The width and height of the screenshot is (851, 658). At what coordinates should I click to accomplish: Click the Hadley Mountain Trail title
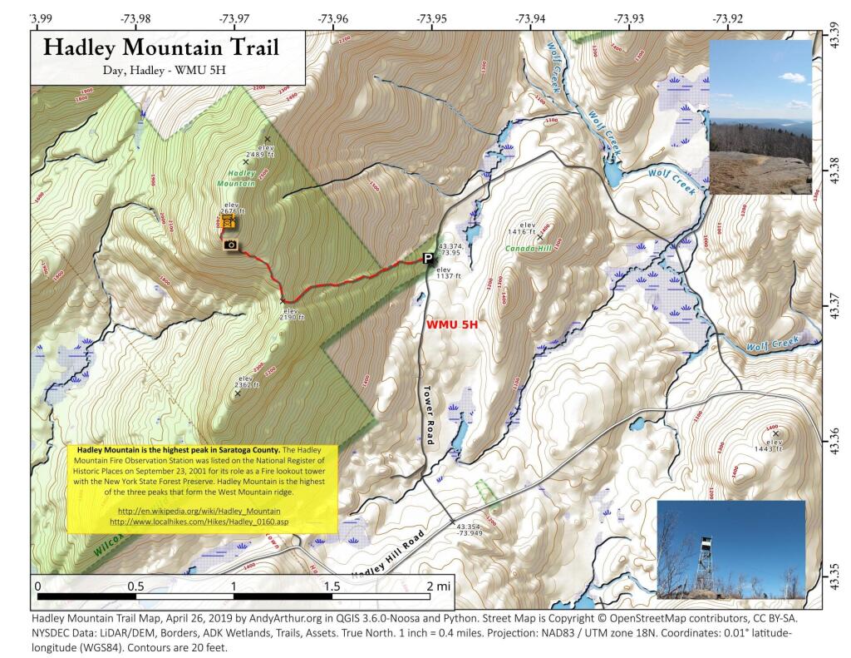coord(160,47)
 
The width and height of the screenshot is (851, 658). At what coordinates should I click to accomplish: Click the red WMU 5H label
coord(455,324)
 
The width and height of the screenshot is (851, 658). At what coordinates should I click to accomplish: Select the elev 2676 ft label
coord(230,208)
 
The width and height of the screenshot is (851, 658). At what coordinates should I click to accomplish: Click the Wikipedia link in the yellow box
coord(199,510)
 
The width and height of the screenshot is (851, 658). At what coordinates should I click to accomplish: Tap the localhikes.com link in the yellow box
coord(199,522)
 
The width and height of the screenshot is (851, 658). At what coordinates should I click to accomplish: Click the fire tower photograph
coord(730,549)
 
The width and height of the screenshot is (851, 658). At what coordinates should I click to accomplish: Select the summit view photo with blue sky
coord(760,116)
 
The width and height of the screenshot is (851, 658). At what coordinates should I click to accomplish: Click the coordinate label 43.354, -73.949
coord(470,530)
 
